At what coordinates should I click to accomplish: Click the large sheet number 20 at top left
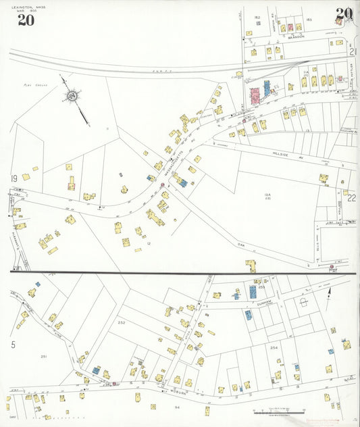(26, 20)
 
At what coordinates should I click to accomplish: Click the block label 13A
(267, 195)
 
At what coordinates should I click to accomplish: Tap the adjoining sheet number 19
(13, 178)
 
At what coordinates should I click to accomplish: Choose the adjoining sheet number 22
(351, 198)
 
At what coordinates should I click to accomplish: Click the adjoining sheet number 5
(13, 345)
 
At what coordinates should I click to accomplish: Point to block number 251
(43, 356)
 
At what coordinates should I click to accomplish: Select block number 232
(122, 322)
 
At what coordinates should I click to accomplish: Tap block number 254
(274, 347)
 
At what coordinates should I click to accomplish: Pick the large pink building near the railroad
(255, 95)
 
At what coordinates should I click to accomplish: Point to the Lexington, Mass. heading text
(26, 7)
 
